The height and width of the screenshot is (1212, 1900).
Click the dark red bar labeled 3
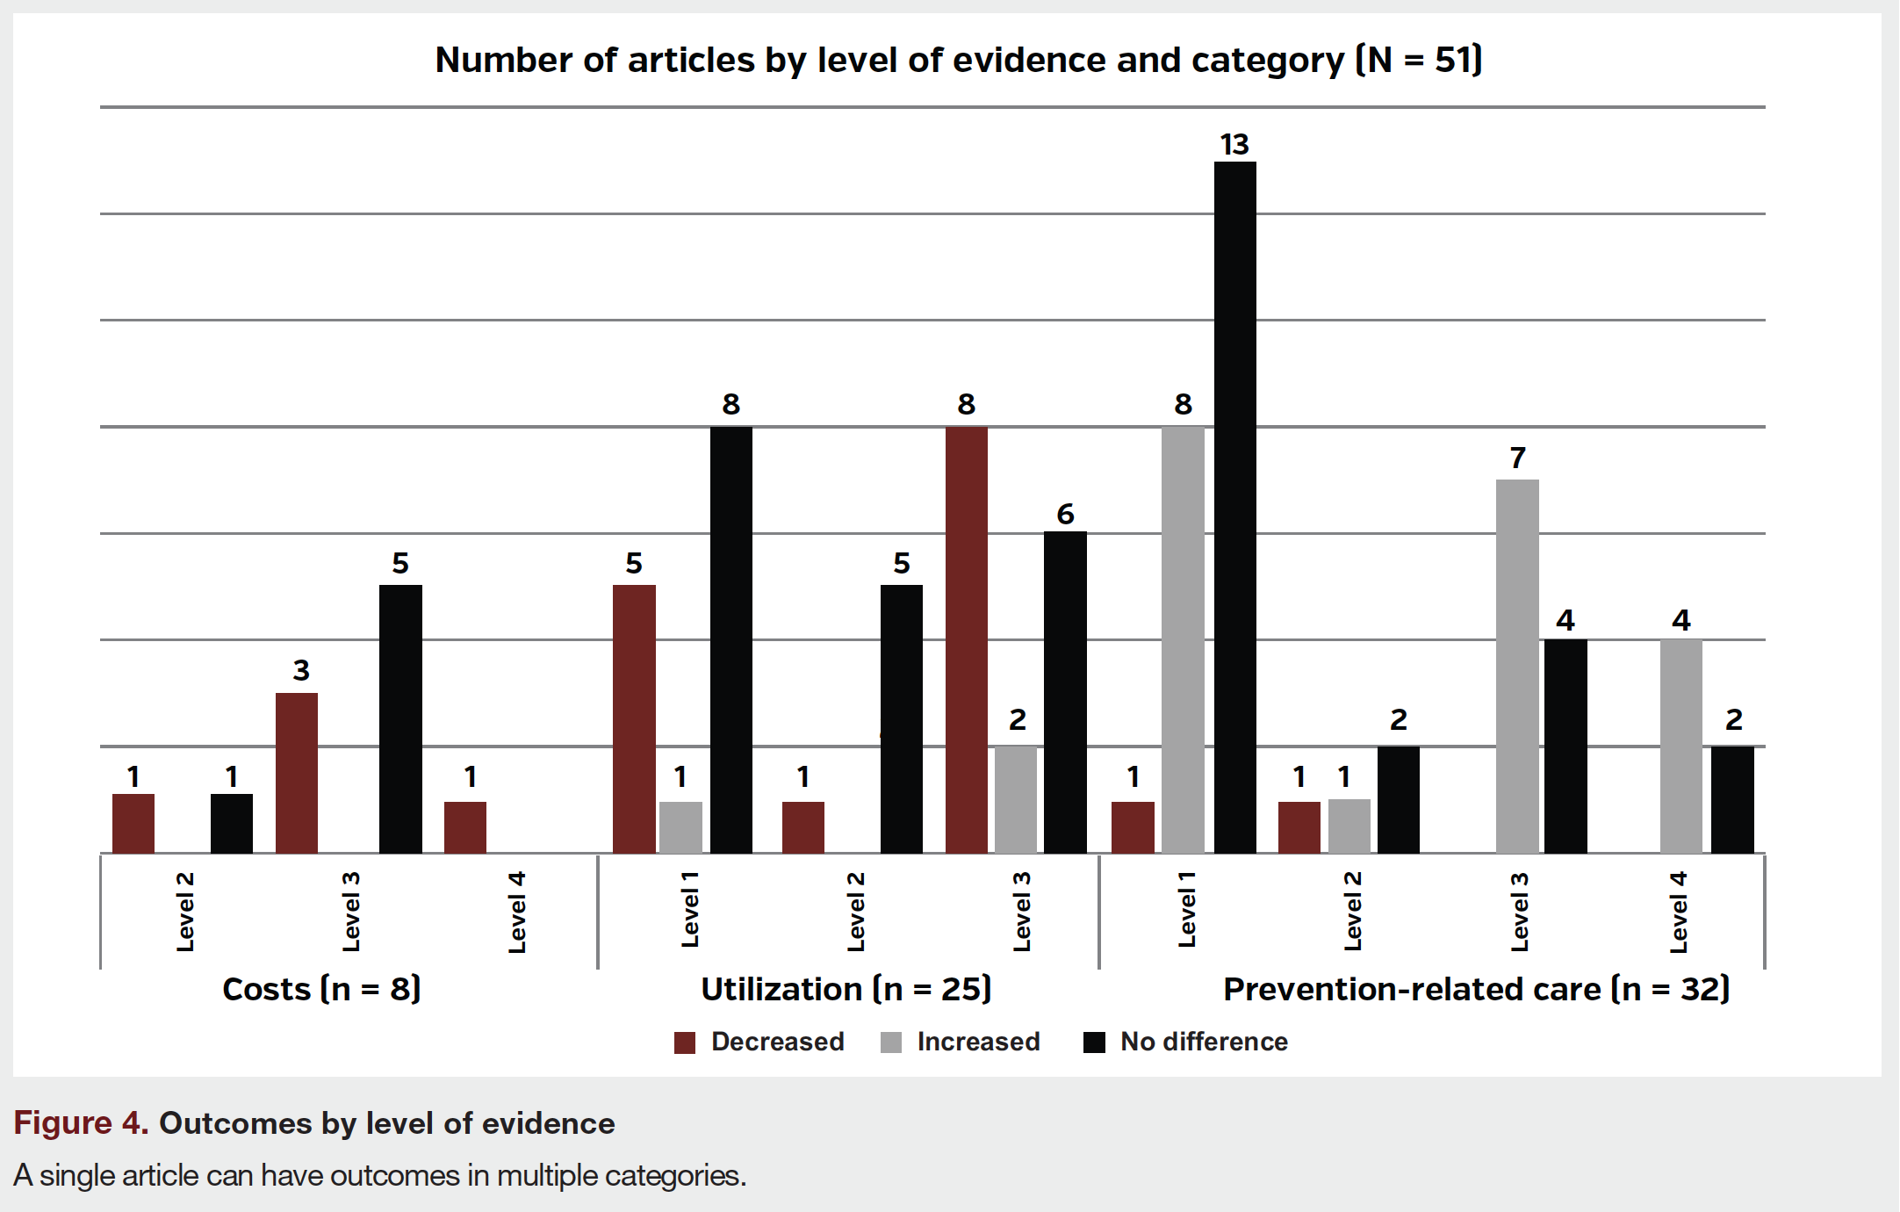pos(297,773)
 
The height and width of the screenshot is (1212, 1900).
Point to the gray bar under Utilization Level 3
pos(1016,799)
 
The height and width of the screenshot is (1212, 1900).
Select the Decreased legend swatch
pos(685,1042)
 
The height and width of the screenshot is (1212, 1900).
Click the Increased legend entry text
pos(978,1042)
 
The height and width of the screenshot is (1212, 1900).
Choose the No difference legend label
pos(1204,1042)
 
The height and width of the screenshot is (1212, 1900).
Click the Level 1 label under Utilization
pos(690,910)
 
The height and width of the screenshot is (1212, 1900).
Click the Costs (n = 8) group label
pos(321,989)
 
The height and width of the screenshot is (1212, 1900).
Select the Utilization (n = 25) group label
pos(846,989)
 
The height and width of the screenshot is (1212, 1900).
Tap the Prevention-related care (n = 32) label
pos(1477,989)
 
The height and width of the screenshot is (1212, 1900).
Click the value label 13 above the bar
pos(1234,144)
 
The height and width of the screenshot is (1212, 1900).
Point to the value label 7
pos(1517,458)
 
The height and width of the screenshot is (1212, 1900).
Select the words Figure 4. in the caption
pos(81,1123)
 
